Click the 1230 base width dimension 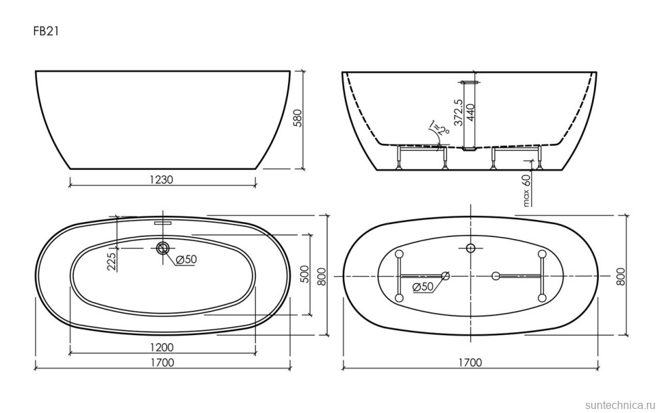click(162, 179)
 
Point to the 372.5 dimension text click(459, 113)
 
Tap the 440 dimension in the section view click(471, 110)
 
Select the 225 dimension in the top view click(112, 259)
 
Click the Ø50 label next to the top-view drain click(185, 260)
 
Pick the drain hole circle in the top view click(163, 248)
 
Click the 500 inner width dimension click(305, 274)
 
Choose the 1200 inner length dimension click(162, 347)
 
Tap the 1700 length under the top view click(162, 362)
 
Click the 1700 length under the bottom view click(469, 362)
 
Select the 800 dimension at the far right click(621, 276)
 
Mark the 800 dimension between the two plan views click(322, 276)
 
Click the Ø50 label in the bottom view click(423, 286)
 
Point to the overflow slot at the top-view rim click(163, 221)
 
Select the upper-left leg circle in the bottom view click(399, 254)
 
